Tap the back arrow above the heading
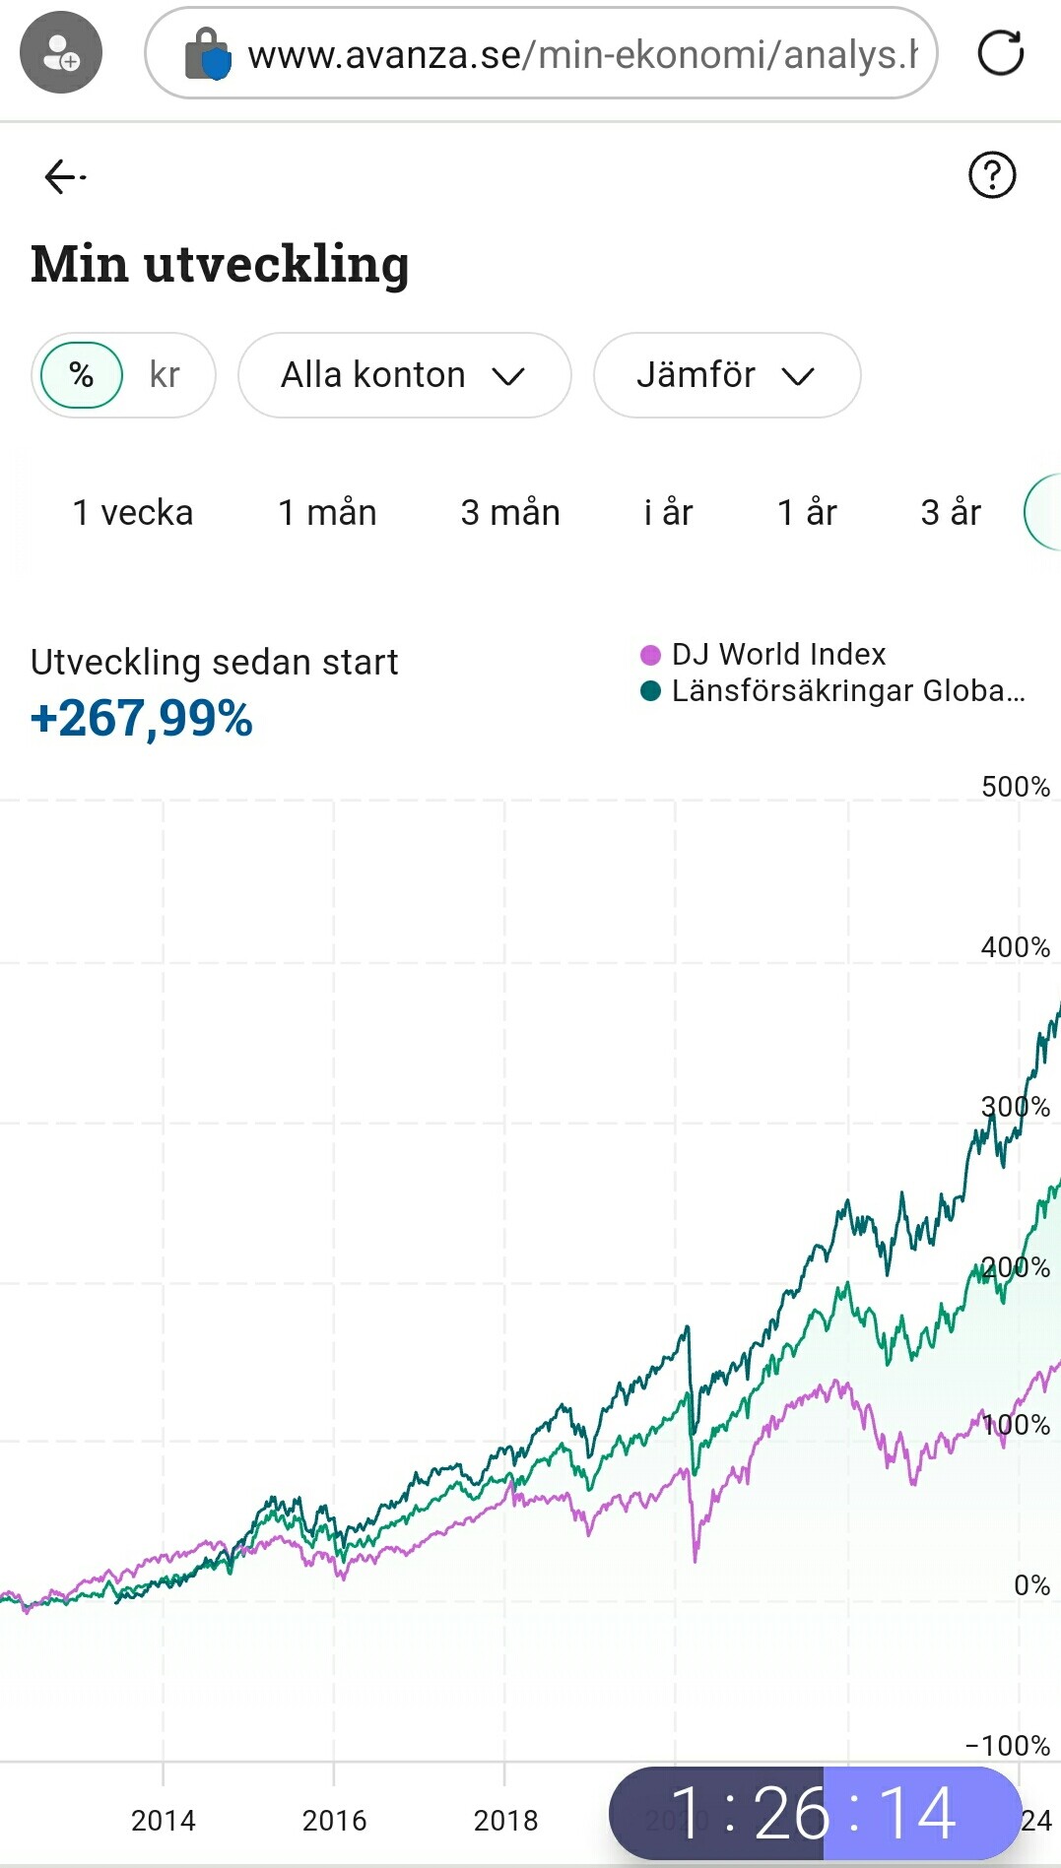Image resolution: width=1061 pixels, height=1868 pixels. [x=64, y=177]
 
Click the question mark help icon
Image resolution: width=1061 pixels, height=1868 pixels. [x=991, y=175]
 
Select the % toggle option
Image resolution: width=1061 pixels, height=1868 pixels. [x=82, y=375]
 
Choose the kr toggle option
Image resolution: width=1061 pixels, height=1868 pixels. [x=165, y=375]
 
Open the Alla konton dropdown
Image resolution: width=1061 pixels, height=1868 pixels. [x=404, y=375]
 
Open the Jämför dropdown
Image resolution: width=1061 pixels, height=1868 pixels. [x=726, y=375]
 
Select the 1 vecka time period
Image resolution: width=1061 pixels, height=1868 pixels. [x=133, y=513]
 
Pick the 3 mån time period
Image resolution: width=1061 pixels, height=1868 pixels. [x=510, y=513]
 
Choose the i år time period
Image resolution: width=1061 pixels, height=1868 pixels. [x=668, y=513]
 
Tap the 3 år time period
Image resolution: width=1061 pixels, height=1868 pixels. [x=951, y=513]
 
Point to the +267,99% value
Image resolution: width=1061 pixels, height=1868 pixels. [x=142, y=718]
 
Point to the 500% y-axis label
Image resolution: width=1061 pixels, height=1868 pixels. [x=1015, y=787]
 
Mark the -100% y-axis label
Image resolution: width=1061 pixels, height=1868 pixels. [x=1008, y=1746]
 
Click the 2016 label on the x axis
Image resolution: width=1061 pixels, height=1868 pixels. [x=334, y=1821]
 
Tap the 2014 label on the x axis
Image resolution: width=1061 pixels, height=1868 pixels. [x=164, y=1821]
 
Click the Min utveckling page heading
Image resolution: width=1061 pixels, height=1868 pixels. [x=220, y=264]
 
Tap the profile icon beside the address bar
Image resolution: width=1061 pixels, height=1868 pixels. [x=61, y=53]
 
